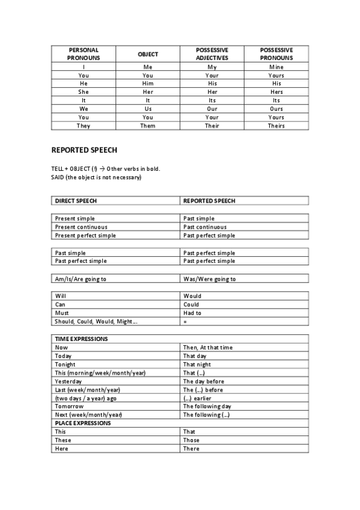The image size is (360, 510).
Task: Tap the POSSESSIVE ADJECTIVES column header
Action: pyautogui.click(x=212, y=54)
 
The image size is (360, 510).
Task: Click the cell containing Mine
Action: pyautogui.click(x=276, y=67)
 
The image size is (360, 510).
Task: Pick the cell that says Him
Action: pyautogui.click(x=148, y=84)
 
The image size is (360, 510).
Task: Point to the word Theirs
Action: pyautogui.click(x=276, y=126)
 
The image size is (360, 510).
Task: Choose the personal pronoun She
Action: pyautogui.click(x=84, y=92)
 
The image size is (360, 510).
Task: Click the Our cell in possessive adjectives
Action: pyautogui.click(x=212, y=109)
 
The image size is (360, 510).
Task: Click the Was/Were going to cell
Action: pyautogui.click(x=209, y=279)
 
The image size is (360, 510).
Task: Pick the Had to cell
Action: pyautogui.click(x=192, y=313)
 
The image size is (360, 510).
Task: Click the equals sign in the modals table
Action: pyautogui.click(x=185, y=322)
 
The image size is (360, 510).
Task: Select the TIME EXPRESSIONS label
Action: pyautogui.click(x=81, y=339)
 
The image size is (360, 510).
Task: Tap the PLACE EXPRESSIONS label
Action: pyautogui.click(x=83, y=423)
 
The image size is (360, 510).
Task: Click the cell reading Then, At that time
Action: pyautogui.click(x=207, y=348)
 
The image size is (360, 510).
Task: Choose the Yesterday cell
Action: pyautogui.click(x=69, y=381)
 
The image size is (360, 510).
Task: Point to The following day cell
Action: pyautogui.click(x=206, y=406)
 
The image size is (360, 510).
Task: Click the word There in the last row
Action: pyautogui.click(x=191, y=449)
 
